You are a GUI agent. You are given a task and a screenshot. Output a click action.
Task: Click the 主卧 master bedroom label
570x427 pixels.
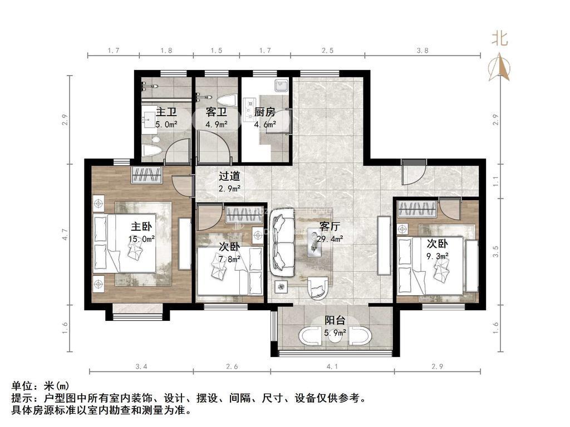(x=141, y=227)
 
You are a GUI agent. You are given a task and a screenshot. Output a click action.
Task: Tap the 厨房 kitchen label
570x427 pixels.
(x=265, y=112)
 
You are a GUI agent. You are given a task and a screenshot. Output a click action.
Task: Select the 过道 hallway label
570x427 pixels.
(x=229, y=176)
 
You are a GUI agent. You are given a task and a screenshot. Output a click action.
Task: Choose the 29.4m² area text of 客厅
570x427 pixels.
(x=331, y=239)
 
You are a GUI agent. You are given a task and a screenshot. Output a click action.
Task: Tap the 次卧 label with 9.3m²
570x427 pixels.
(x=438, y=244)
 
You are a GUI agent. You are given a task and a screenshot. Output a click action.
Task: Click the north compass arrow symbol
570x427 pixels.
(x=499, y=66)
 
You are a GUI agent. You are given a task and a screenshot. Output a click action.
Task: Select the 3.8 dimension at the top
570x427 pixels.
(x=422, y=51)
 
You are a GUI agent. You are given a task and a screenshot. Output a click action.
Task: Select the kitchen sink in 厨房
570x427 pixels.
(x=281, y=86)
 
